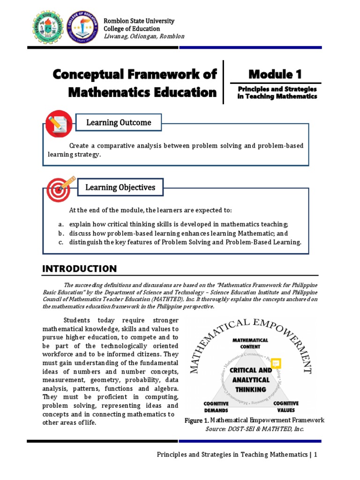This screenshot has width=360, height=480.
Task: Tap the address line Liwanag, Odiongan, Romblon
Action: [x=143, y=37]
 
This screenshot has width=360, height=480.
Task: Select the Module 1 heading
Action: [x=275, y=74]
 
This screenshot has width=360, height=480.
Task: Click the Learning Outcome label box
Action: [x=119, y=123]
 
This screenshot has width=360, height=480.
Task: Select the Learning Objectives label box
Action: [x=120, y=187]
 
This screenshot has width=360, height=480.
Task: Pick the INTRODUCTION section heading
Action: [x=79, y=269]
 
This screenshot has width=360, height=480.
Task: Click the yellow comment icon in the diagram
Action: [x=275, y=363]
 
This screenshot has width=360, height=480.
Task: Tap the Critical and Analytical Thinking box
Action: [x=250, y=379]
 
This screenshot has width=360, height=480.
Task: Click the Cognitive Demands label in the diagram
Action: [x=216, y=406]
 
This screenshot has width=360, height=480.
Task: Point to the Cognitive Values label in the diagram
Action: [x=286, y=406]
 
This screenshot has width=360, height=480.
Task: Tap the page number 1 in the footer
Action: [x=316, y=454]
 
